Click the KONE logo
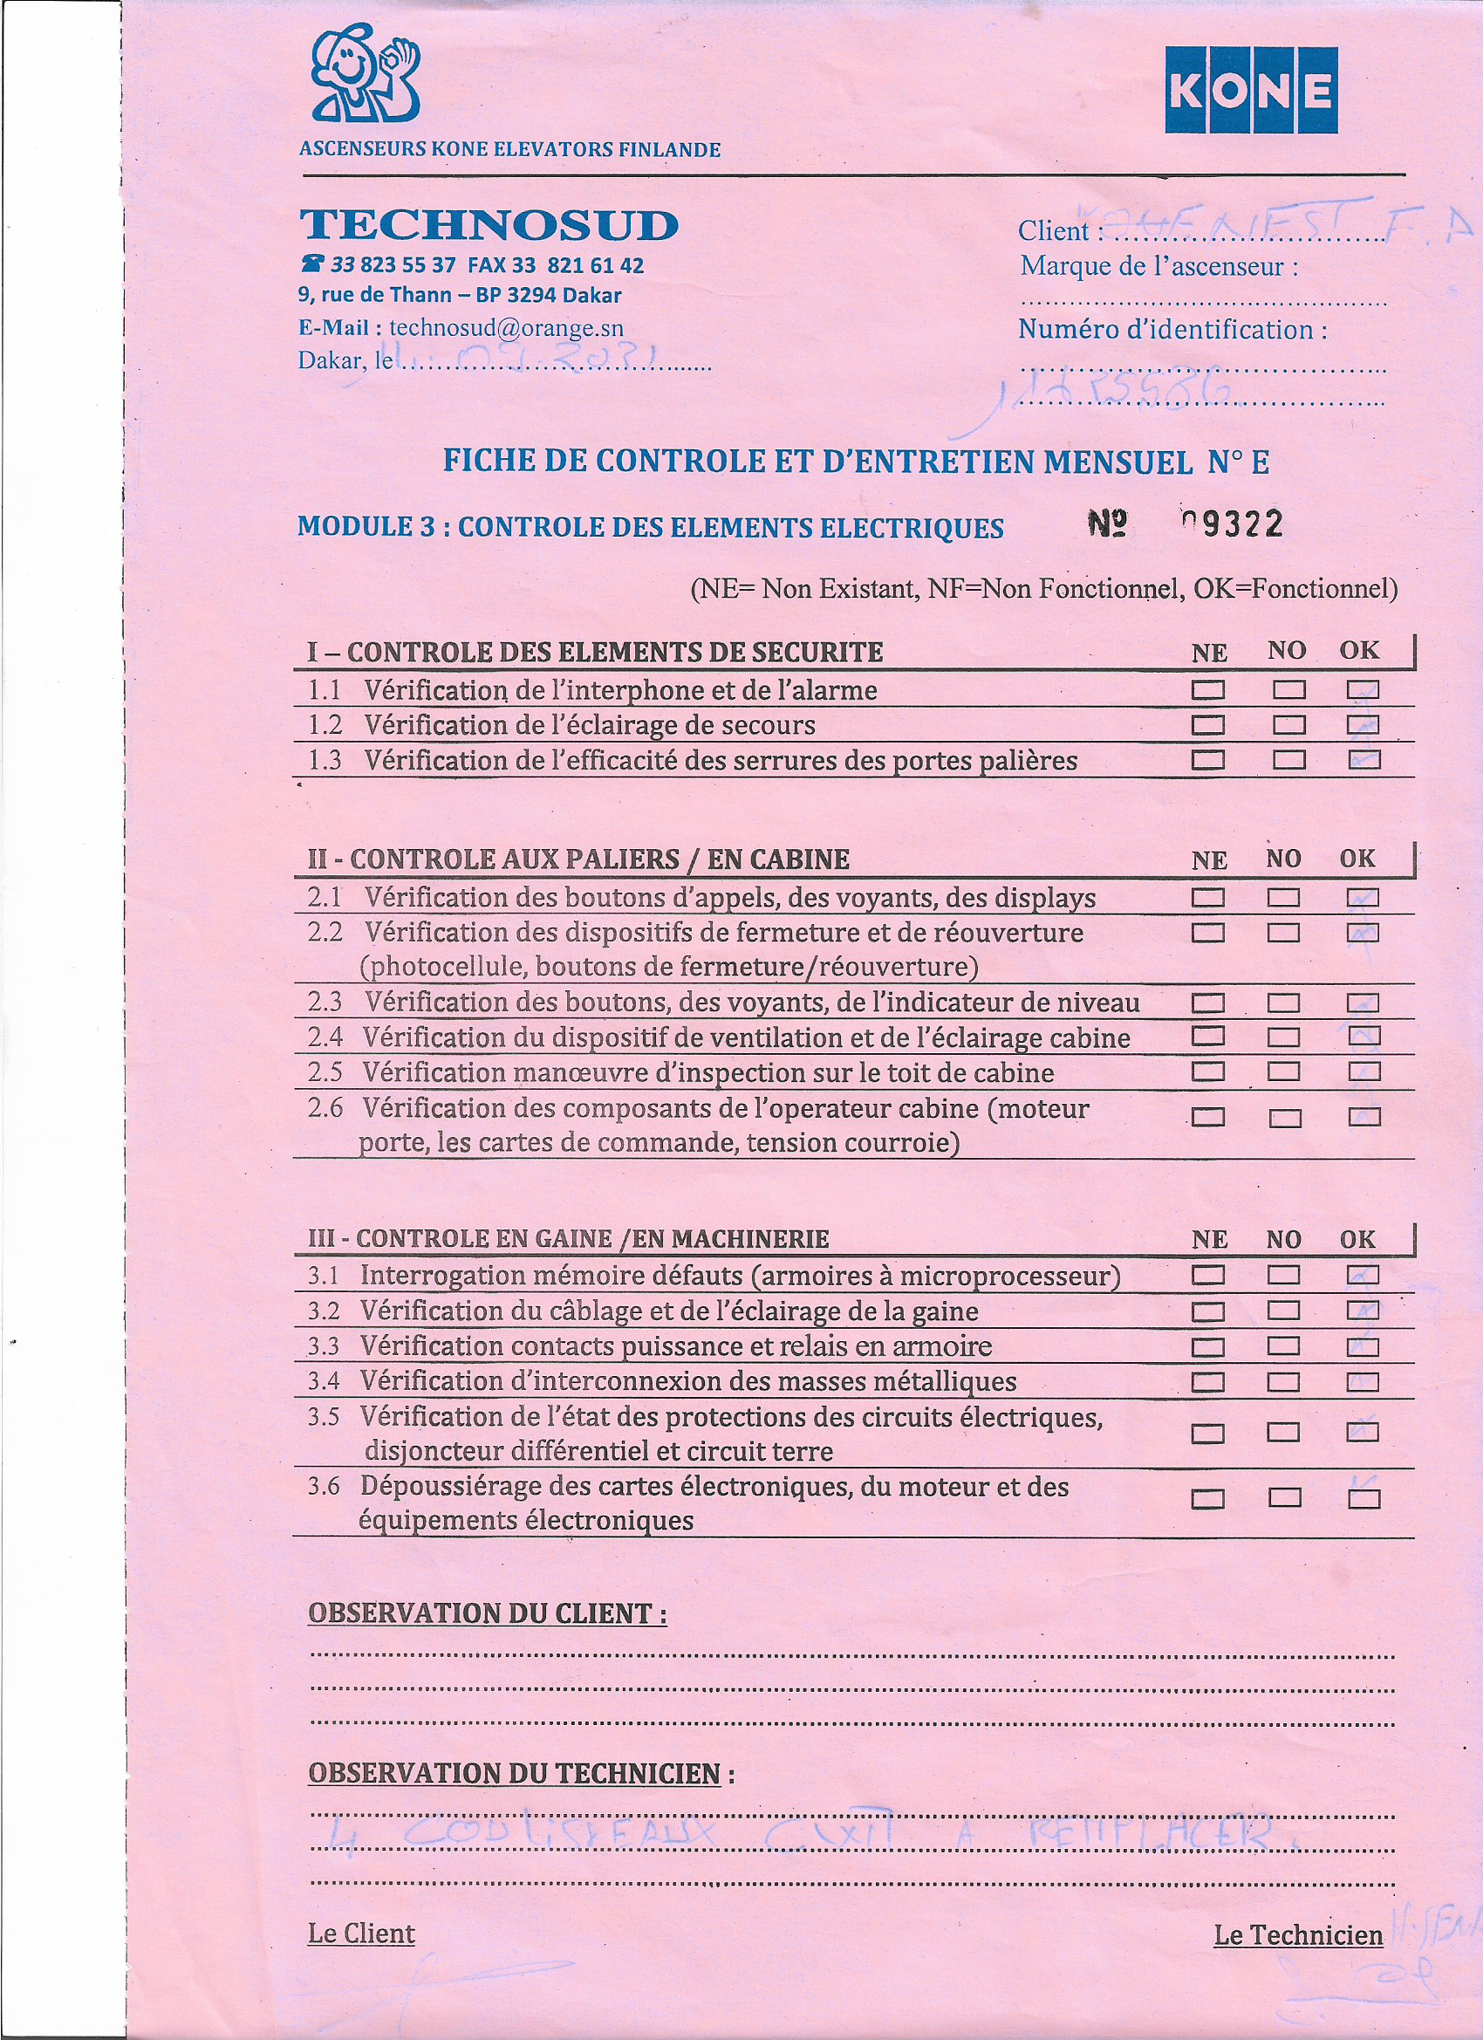tap(1251, 90)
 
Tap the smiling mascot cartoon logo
tap(366, 74)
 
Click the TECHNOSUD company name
tap(489, 225)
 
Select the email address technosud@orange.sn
tap(506, 328)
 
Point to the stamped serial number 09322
tap(1232, 524)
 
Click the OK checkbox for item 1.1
tap(1363, 690)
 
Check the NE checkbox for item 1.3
tap(1208, 760)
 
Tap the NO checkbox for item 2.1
tap(1283, 898)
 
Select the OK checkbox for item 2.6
tap(1364, 1117)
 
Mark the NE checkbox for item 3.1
tap(1208, 1275)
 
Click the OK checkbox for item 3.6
tap(1363, 1498)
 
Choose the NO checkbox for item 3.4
tap(1283, 1381)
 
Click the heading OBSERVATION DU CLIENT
tap(487, 1613)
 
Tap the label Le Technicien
tap(1298, 1934)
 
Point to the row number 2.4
tap(325, 1037)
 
